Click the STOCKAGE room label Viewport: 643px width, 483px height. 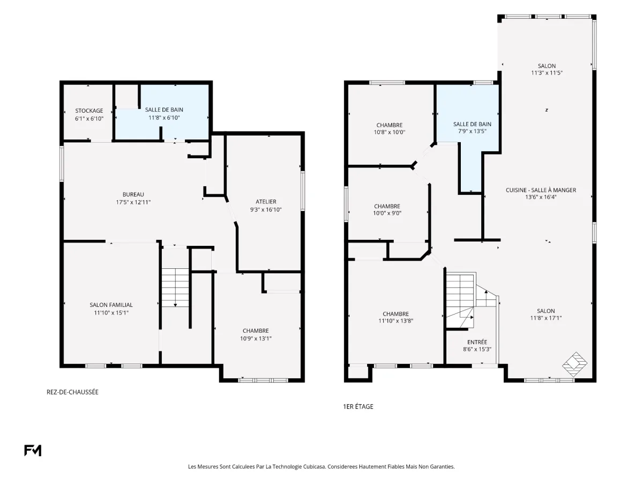pos(89,111)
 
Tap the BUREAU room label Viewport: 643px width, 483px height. pos(133,194)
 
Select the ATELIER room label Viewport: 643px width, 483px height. pos(266,202)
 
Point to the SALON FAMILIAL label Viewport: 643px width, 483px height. pos(111,305)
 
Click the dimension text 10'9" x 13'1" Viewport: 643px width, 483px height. pos(256,339)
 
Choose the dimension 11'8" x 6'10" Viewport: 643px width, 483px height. pos(164,118)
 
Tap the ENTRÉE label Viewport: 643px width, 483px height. pos(477,342)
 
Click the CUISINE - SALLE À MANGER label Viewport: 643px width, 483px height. pos(541,190)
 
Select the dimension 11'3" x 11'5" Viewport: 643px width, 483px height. pos(547,73)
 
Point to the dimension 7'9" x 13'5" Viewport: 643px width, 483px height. pos(472,131)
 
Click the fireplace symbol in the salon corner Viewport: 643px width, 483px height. pos(575,364)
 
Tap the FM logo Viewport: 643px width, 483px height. pos(33,450)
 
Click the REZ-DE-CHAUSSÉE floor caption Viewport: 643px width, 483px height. pos(72,392)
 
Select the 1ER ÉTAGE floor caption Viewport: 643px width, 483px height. pos(358,406)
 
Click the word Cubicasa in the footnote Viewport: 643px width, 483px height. pos(314,466)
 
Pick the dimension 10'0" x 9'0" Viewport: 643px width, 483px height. pos(387,213)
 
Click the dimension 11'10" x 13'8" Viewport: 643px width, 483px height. pos(396,321)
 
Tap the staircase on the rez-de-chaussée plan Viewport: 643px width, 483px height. pos(175,288)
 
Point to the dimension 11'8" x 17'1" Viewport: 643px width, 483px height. pos(545,318)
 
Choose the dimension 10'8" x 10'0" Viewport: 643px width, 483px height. pos(390,132)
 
